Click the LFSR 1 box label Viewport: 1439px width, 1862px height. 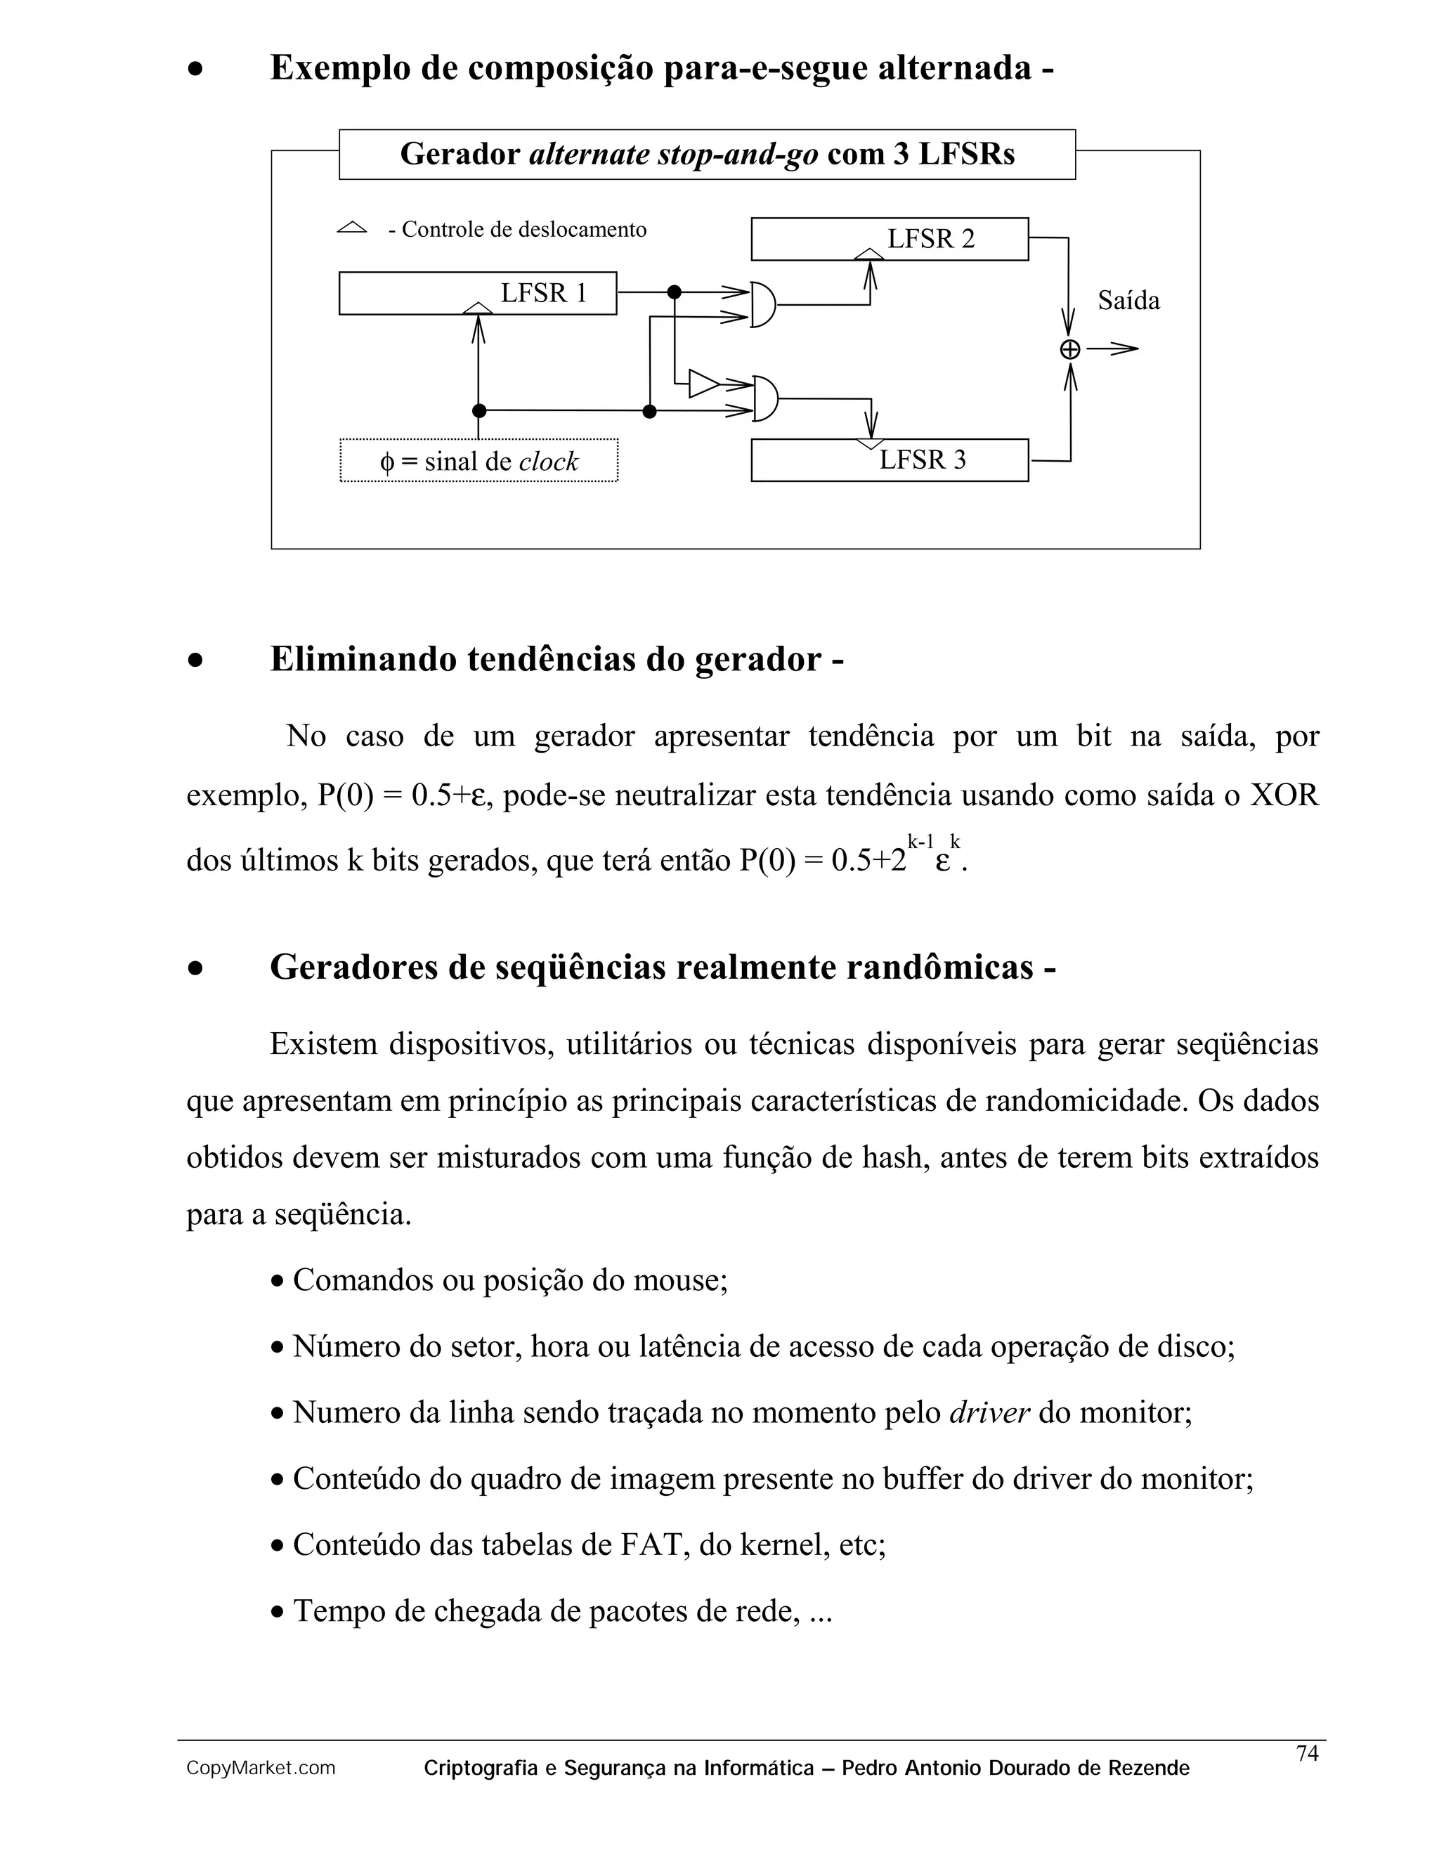pyautogui.click(x=544, y=293)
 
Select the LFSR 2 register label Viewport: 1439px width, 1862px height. pyautogui.click(x=930, y=239)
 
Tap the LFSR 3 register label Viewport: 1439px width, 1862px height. pyautogui.click(x=923, y=460)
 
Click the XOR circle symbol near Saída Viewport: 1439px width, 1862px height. pyautogui.click(x=1070, y=349)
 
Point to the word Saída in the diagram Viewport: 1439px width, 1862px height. pyautogui.click(x=1128, y=301)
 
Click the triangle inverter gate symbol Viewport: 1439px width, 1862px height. pyautogui.click(x=703, y=384)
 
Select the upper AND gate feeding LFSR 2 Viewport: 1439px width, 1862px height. pyautogui.click(x=763, y=305)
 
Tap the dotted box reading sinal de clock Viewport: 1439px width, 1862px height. pyautogui.click(x=478, y=461)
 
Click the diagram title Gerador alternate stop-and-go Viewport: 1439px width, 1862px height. pyautogui.click(x=707, y=155)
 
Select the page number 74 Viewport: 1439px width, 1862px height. pyautogui.click(x=1307, y=1753)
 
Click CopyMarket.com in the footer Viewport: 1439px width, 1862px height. pyautogui.click(x=261, y=1769)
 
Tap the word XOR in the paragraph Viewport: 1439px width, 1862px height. pyautogui.click(x=1283, y=795)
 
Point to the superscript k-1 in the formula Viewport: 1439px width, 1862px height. pyautogui.click(x=920, y=842)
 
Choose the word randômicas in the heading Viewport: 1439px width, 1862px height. pyautogui.click(x=939, y=968)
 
